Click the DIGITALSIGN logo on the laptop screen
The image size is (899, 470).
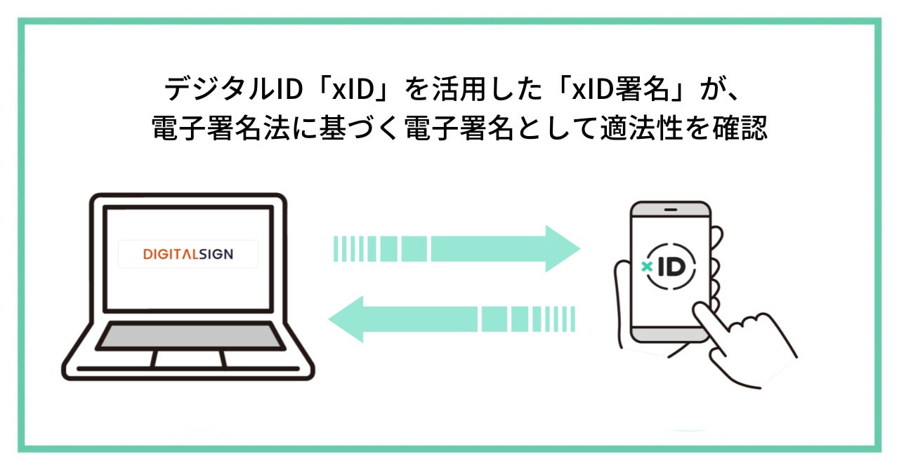(188, 254)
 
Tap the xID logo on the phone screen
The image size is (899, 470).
(668, 267)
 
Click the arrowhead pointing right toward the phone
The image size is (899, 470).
(562, 248)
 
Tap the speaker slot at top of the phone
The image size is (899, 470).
(670, 210)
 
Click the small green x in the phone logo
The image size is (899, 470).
(647, 267)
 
